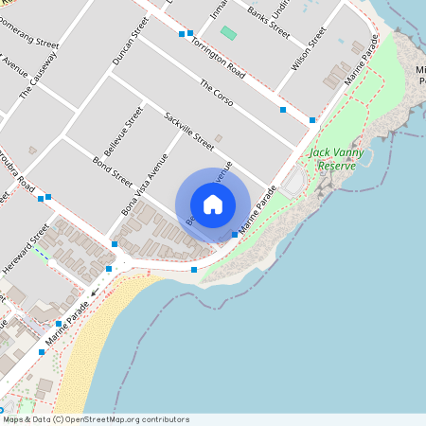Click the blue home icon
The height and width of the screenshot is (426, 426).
click(x=213, y=204)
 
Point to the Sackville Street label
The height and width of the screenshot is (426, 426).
click(x=189, y=132)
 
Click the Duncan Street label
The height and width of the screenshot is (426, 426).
click(x=131, y=44)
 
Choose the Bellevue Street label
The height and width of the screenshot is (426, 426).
click(x=123, y=132)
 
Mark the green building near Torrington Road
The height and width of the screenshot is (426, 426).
click(x=228, y=33)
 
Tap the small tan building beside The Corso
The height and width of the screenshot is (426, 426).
click(x=219, y=138)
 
